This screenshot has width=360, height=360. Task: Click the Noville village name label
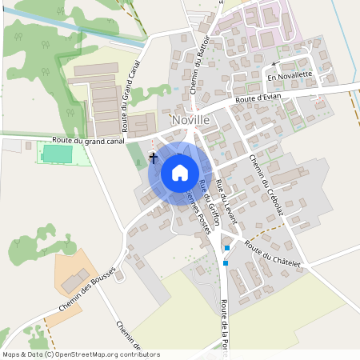point(191,120)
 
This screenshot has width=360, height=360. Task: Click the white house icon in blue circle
point(180,172)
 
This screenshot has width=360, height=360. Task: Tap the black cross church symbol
point(153,158)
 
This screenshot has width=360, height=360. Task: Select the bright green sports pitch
point(58,153)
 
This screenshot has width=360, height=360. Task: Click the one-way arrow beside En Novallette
point(274,64)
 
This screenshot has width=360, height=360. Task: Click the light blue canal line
point(72,30)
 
